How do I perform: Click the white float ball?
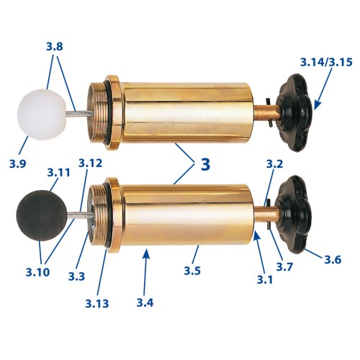pyautogui.click(x=42, y=114)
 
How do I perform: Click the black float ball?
pyautogui.click(x=42, y=215)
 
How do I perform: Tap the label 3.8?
pyautogui.click(x=55, y=47)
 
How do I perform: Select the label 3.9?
pyautogui.click(x=17, y=164)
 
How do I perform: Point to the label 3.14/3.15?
pyautogui.click(x=326, y=62)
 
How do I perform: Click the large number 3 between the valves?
pyautogui.click(x=205, y=164)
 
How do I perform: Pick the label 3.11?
pyautogui.click(x=58, y=172)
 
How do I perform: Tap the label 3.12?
pyautogui.click(x=90, y=163)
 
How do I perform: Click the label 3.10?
pyautogui.click(x=37, y=272)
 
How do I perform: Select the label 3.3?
pyautogui.click(x=76, y=276)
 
